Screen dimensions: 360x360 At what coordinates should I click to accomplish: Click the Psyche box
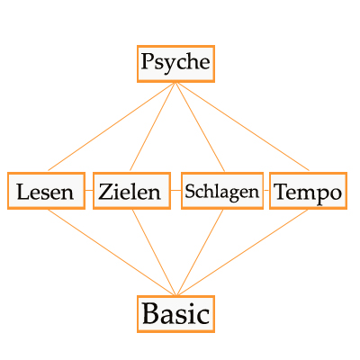pyautogui.click(x=175, y=64)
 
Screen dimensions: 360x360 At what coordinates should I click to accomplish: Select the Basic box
pyautogui.click(x=175, y=314)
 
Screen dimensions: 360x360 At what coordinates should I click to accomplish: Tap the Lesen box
pyautogui.click(x=46, y=191)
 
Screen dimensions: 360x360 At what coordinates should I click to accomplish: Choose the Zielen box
pyautogui.click(x=131, y=191)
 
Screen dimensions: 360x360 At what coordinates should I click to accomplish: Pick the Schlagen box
pyautogui.click(x=222, y=191)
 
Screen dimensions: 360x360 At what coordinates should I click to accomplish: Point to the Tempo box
pyautogui.click(x=308, y=191)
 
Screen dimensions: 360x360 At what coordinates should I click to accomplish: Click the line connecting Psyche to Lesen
pyautogui.click(x=112, y=127)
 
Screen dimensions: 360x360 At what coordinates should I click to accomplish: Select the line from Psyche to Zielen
pyautogui.click(x=153, y=127)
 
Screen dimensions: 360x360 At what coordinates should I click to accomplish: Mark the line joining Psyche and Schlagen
pyautogui.click(x=200, y=127)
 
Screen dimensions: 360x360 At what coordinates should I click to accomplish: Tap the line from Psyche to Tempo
pyautogui.click(x=242, y=127)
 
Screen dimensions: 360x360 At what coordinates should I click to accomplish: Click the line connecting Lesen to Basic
pyautogui.click(x=111, y=252)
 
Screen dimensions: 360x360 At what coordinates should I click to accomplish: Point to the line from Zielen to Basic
pyautogui.click(x=154, y=252)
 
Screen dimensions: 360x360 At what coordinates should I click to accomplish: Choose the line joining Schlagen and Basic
pyautogui.click(x=200, y=252)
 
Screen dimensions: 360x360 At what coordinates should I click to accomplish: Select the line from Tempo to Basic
pyautogui.click(x=243, y=252)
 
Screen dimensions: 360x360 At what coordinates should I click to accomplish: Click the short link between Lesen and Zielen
pyautogui.click(x=89, y=190)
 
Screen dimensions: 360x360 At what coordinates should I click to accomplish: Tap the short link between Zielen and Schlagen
pyautogui.click(x=176, y=190)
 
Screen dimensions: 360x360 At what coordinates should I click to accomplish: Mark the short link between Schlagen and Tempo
pyautogui.click(x=266, y=190)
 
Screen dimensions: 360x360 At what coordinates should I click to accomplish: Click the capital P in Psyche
pyautogui.click(x=147, y=61)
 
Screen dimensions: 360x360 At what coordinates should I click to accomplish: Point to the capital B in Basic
pyautogui.click(x=149, y=313)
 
